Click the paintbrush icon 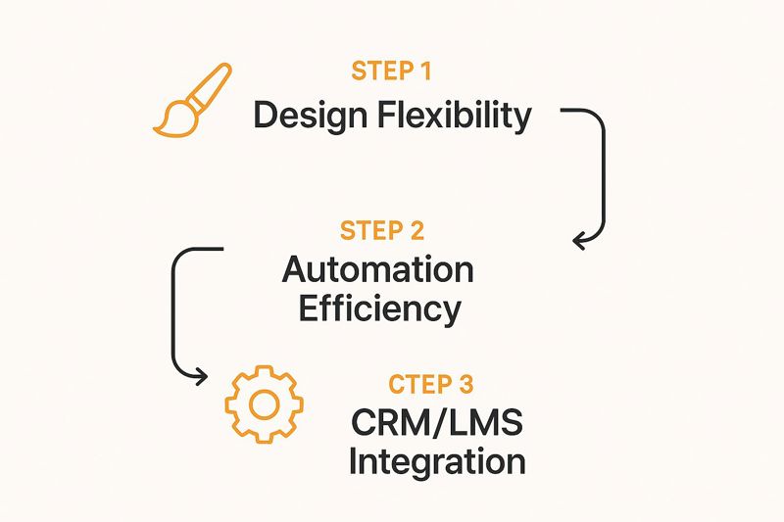click(193, 99)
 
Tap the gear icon click(265, 403)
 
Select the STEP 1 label click(391, 71)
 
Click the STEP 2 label click(382, 231)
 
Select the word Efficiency click(380, 308)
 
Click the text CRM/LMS click(437, 423)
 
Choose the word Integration click(437, 461)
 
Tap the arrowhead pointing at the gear click(201, 374)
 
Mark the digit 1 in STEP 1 click(424, 71)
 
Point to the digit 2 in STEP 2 click(416, 231)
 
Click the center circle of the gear click(265, 403)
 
